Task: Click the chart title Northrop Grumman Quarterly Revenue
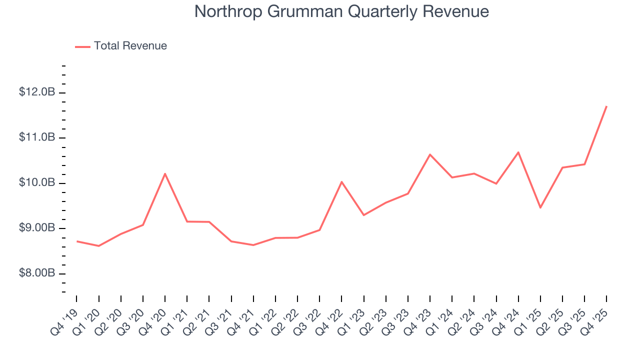(341, 11)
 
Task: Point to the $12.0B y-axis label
(37, 92)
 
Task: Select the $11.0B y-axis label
(37, 137)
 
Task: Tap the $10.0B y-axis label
(37, 183)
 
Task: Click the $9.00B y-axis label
(37, 228)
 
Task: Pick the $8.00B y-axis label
(37, 273)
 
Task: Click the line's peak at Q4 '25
(606, 106)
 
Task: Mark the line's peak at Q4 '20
(165, 173)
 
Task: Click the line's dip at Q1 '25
(540, 207)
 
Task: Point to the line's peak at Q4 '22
(341, 181)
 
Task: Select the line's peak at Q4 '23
(430, 154)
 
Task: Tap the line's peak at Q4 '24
(518, 152)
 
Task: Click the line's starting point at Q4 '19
(76, 241)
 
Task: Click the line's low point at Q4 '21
(253, 245)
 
